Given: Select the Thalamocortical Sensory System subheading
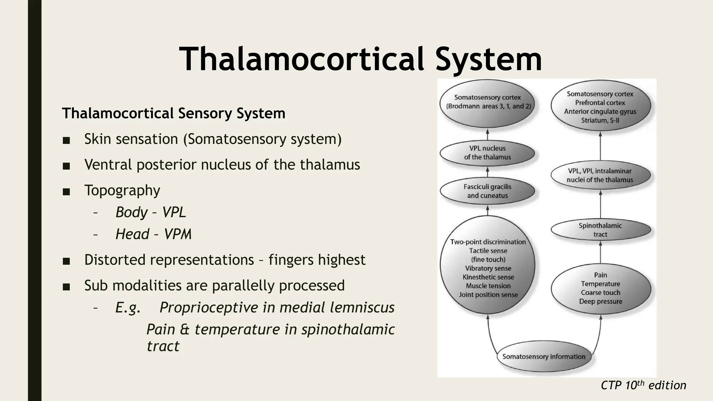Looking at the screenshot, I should (173, 113).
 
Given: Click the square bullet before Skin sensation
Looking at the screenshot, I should (66, 140).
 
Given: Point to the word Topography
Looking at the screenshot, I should (122, 190).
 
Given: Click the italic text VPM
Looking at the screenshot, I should (178, 234).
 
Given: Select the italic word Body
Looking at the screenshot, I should (131, 212).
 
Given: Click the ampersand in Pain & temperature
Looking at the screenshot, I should (185, 329).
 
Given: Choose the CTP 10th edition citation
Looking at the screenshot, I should (643, 385).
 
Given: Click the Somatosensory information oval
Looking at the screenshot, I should (543, 356).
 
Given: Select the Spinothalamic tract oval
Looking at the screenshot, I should (600, 230).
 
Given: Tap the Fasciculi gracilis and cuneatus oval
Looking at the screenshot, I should (487, 191).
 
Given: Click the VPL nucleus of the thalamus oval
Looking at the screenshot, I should (487, 152).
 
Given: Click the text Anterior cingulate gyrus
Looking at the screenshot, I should (600, 111).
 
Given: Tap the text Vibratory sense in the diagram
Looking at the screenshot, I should (488, 268).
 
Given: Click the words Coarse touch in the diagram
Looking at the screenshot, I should (600, 292).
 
